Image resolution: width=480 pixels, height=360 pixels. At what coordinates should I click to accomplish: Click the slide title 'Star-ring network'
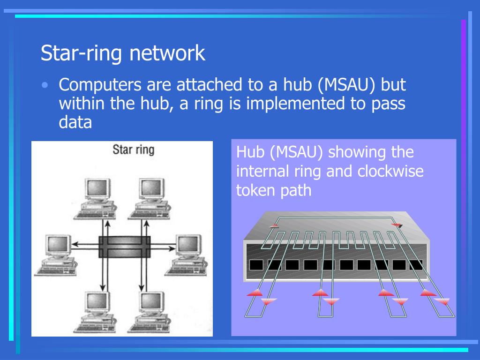click(x=123, y=53)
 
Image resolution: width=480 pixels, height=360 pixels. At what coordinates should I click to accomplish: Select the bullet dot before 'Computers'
click(x=45, y=85)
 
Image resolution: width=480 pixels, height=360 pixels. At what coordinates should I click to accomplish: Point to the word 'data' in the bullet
click(x=75, y=122)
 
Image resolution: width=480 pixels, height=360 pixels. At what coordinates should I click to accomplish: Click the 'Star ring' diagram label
click(x=133, y=150)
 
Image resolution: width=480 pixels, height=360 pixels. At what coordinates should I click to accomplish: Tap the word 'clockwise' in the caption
click(x=390, y=172)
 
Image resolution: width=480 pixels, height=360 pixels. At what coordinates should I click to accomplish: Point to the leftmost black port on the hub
click(x=256, y=265)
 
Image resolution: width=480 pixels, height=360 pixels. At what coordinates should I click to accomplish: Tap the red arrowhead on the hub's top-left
click(x=274, y=226)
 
